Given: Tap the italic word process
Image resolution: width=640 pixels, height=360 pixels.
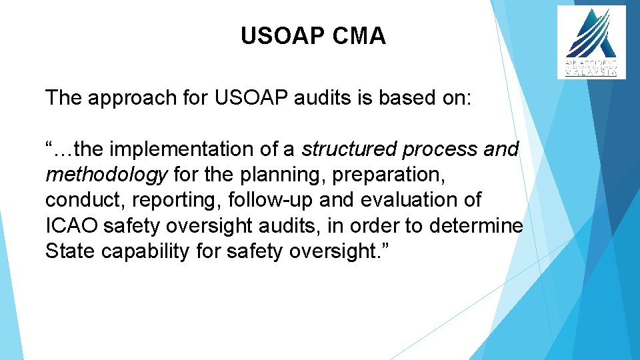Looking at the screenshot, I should [x=441, y=149].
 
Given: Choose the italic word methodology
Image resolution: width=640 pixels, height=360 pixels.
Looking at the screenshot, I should [x=106, y=175].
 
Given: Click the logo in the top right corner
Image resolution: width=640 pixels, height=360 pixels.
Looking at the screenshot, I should [x=591, y=42].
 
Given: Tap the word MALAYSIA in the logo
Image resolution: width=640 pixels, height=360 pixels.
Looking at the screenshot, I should [x=591, y=73].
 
